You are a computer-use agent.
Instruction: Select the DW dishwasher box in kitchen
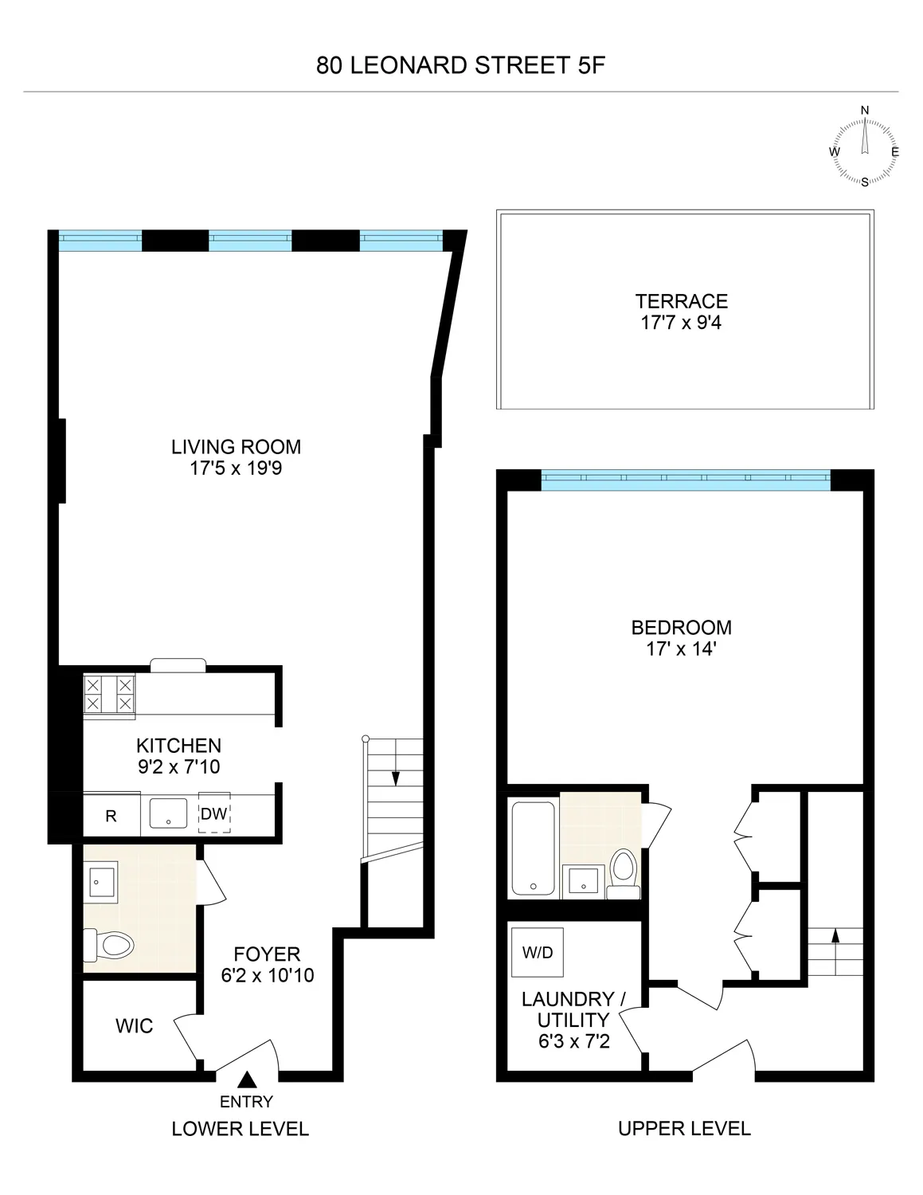tap(213, 813)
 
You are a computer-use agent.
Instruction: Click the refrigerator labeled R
tap(111, 815)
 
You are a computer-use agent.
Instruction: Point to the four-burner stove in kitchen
tap(109, 693)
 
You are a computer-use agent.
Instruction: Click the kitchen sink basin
tap(168, 813)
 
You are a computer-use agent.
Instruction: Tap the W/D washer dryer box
tap(538, 952)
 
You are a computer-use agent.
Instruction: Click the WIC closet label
tap(134, 1026)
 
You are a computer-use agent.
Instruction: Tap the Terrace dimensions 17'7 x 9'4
tap(681, 323)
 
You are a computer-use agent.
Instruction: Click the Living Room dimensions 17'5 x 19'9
tap(236, 468)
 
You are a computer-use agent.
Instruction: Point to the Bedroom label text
tap(681, 627)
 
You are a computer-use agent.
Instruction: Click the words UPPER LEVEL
tap(684, 1128)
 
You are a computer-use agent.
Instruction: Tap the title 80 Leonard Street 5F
tap(461, 65)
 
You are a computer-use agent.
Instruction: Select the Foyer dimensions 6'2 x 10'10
tap(267, 974)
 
